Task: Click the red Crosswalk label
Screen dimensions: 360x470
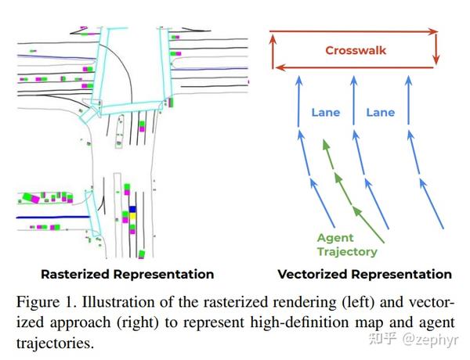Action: click(x=356, y=51)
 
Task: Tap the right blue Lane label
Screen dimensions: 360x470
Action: click(x=381, y=112)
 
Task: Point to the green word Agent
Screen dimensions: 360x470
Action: click(x=335, y=238)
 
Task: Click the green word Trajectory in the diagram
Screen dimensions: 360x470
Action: click(x=347, y=251)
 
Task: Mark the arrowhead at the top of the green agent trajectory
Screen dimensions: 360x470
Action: click(x=325, y=146)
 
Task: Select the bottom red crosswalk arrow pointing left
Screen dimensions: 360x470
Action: click(x=352, y=69)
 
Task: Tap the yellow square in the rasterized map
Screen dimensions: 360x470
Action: click(x=132, y=210)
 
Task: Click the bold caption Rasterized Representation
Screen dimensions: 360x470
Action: click(x=127, y=275)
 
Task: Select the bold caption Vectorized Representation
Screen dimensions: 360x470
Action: click(x=364, y=275)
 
